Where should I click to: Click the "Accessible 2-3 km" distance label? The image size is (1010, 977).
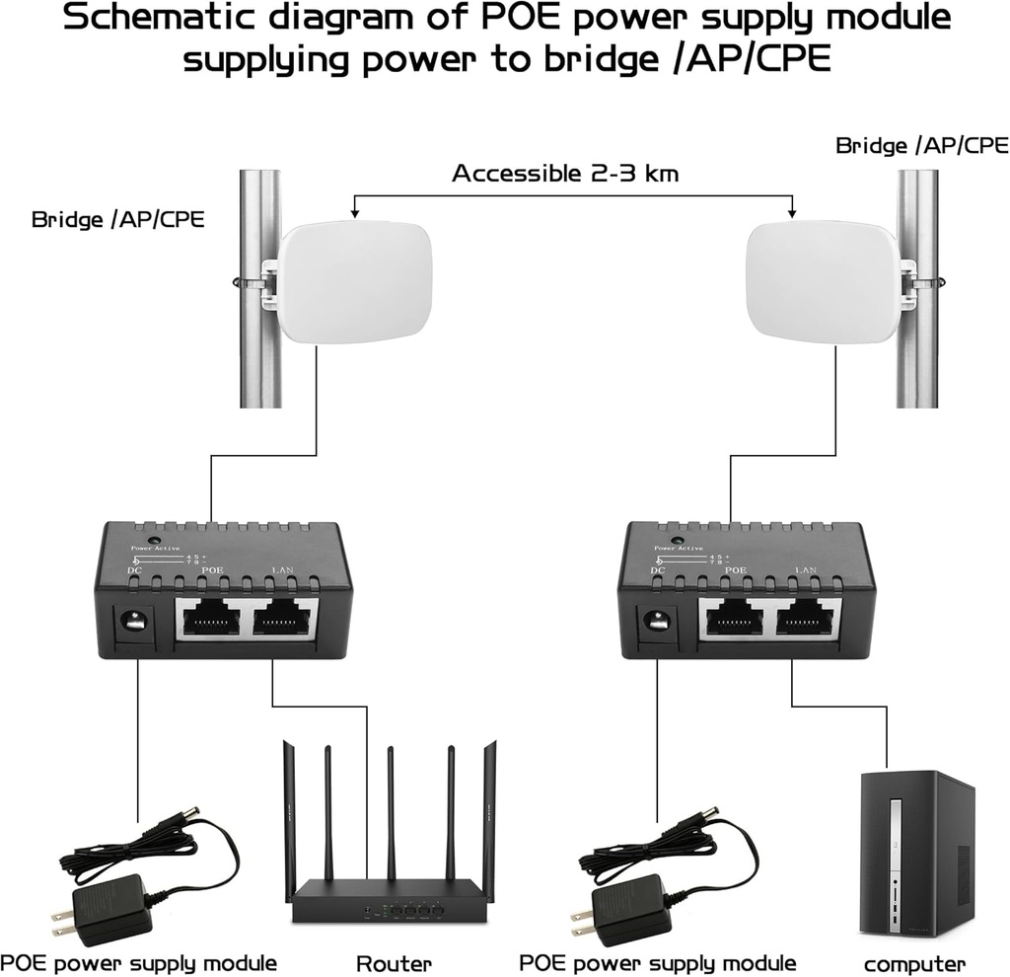point(565,174)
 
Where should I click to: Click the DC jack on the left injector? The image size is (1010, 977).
point(133,624)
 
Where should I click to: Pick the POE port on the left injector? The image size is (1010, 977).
point(213,621)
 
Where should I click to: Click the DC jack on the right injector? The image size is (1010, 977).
point(656,624)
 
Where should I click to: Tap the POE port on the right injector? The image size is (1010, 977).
point(736,621)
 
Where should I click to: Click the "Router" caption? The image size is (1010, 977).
point(394,962)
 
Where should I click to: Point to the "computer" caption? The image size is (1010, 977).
point(914,963)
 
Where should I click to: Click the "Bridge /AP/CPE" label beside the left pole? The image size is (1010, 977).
point(117,218)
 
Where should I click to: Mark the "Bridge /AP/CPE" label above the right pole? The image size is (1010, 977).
point(921,145)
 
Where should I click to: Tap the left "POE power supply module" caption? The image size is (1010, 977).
point(138,962)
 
